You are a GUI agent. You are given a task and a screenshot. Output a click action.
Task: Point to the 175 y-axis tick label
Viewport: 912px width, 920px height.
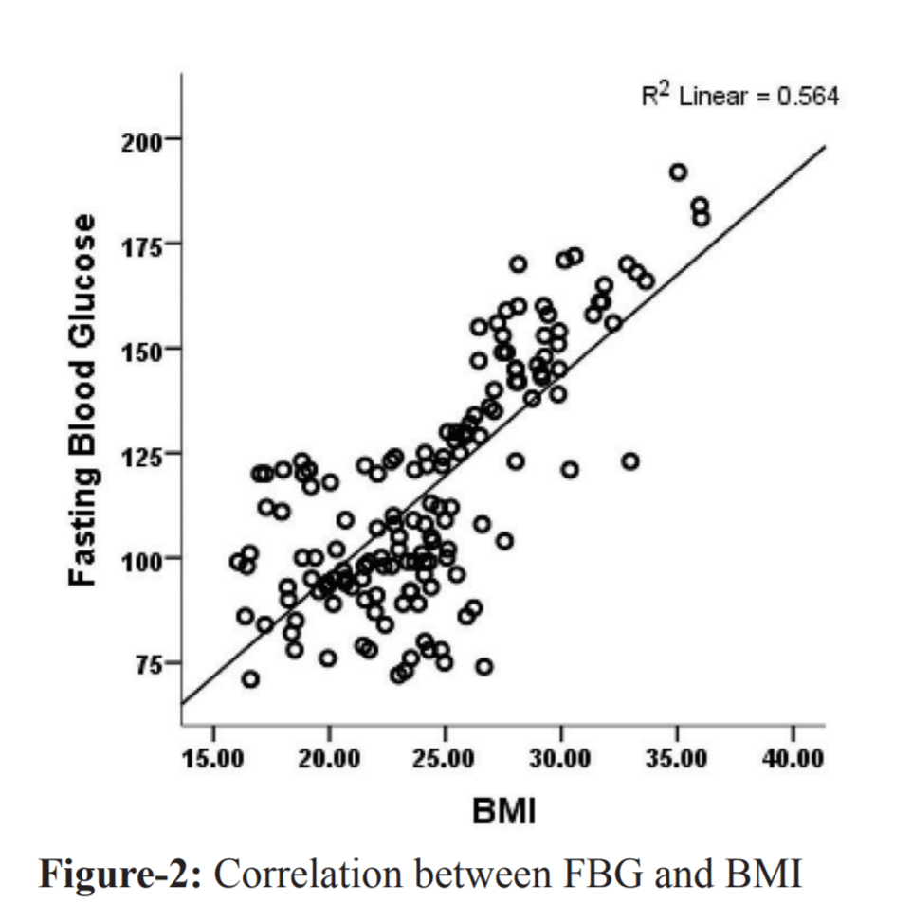(143, 244)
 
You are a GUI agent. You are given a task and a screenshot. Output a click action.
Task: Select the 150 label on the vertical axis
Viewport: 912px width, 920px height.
(143, 349)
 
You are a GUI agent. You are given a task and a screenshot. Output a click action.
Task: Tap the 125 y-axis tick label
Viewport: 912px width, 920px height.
(143, 453)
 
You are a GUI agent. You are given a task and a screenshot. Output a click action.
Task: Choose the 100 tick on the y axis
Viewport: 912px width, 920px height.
(143, 558)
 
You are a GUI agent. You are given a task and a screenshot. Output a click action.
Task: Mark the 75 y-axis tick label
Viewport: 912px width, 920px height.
(149, 663)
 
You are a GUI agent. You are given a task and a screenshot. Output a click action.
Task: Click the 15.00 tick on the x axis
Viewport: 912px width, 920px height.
(213, 760)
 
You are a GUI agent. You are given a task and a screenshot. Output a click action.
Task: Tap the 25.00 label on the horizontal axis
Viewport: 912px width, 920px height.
(446, 760)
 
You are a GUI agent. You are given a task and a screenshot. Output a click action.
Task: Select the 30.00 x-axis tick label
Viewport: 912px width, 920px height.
(561, 760)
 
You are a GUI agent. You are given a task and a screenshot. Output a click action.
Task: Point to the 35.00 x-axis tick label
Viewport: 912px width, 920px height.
(677, 760)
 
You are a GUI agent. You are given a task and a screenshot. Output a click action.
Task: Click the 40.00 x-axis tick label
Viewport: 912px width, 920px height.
(793, 760)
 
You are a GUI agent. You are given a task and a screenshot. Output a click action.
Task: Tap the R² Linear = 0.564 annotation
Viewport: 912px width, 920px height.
(739, 97)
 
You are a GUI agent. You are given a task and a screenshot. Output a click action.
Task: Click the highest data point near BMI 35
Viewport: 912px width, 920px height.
(678, 172)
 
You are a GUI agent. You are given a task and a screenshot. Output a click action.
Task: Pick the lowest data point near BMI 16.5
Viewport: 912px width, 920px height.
(250, 679)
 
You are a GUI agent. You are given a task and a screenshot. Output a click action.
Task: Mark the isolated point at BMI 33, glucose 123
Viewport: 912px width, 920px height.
(630, 461)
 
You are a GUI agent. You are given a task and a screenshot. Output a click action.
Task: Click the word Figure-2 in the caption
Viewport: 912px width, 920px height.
(119, 874)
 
